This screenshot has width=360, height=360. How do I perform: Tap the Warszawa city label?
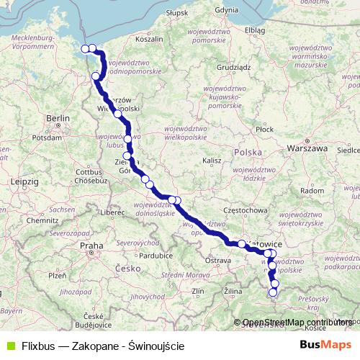point(307,148)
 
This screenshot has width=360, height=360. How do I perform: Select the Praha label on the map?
point(92,246)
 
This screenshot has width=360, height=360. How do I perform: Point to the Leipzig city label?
point(24,182)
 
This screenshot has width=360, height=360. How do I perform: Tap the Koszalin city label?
point(149,40)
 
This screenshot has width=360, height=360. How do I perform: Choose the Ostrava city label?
point(218,259)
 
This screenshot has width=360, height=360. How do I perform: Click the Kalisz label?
point(211,160)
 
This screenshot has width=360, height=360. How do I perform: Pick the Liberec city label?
point(113,213)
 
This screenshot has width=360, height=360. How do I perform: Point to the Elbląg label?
point(254,30)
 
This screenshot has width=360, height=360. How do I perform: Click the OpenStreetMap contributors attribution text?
point(297,323)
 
